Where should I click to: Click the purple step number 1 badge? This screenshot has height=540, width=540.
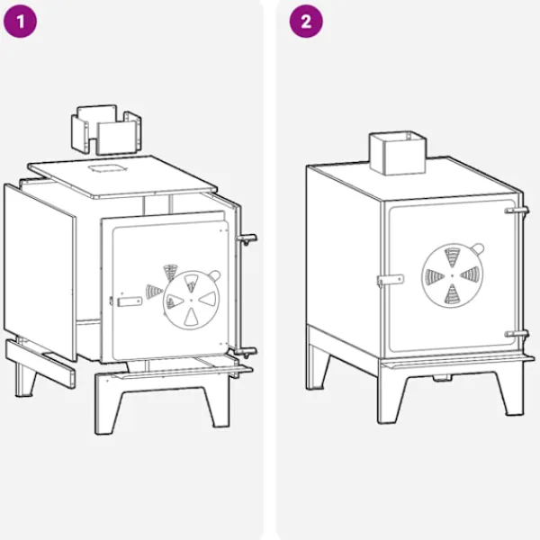20,22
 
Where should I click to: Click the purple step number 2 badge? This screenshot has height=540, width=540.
306,22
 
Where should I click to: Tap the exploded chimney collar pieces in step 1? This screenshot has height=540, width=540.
106,130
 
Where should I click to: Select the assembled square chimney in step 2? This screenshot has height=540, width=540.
398,153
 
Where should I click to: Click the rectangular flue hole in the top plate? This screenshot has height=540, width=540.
108,168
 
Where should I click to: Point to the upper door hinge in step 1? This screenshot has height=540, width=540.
247,239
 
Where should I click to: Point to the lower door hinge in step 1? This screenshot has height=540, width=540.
246,352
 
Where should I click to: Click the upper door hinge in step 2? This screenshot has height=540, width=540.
517,210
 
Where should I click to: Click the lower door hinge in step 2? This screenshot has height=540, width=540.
517,334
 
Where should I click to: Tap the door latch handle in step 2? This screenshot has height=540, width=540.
391,280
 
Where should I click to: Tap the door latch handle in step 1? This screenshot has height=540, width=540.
129,301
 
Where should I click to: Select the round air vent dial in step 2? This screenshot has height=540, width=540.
452,275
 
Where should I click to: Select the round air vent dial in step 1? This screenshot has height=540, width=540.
192,300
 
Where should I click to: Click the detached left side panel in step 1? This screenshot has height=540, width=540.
40,272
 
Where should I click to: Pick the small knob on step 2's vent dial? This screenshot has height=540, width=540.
478,248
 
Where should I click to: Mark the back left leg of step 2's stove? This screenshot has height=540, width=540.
317,368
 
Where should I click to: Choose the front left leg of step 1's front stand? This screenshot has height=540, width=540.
107,408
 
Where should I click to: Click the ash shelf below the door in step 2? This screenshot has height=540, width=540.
458,362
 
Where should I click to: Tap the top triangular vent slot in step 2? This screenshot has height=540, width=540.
452,256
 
